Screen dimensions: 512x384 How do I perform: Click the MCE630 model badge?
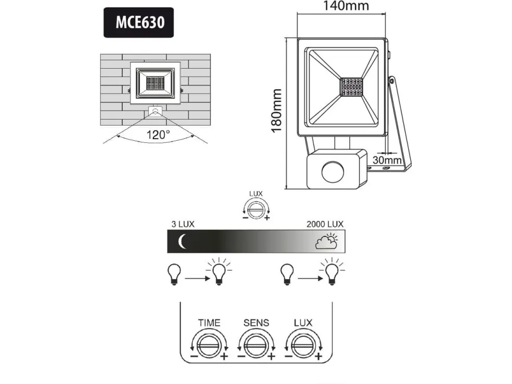click(138, 22)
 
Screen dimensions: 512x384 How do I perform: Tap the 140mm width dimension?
click(346, 6)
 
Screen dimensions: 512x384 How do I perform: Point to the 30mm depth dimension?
click(387, 160)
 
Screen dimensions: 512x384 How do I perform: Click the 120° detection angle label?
click(158, 135)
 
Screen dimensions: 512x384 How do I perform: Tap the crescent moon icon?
click(182, 241)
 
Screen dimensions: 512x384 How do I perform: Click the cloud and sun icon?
click(327, 241)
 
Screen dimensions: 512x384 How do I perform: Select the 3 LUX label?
click(183, 224)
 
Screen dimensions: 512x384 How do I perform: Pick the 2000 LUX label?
click(325, 224)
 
